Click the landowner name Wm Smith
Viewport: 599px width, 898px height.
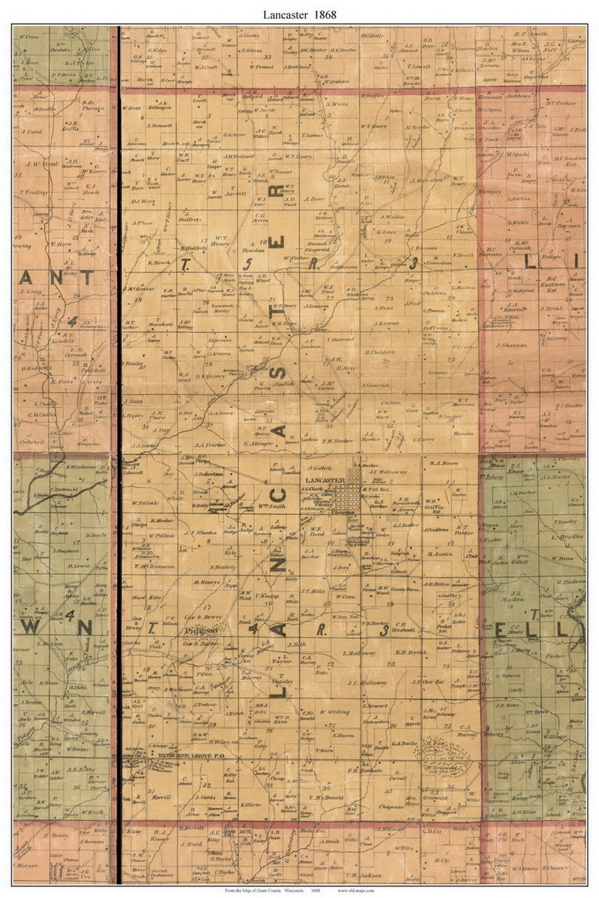[x=272, y=506]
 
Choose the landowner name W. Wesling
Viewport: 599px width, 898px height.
[x=335, y=712]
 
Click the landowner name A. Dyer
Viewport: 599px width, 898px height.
[x=314, y=198]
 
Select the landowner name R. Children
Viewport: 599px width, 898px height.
[x=380, y=352]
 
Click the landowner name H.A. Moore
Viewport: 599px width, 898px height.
[x=443, y=462]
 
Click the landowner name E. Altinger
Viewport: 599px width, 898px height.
[x=258, y=444]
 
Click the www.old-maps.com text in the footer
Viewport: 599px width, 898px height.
[x=356, y=890]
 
